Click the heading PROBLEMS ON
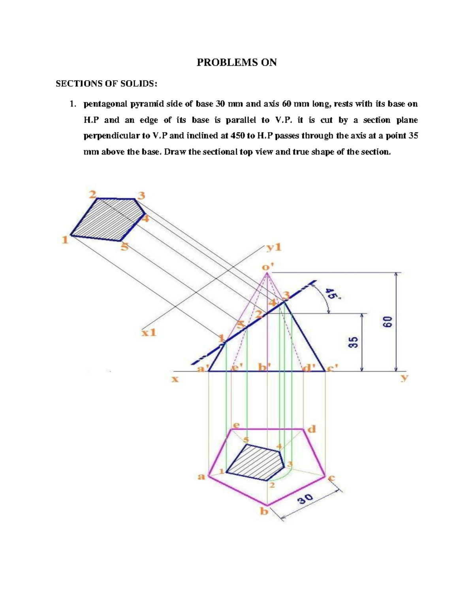[x=237, y=62]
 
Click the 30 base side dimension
[x=306, y=500]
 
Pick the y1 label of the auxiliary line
[x=274, y=247]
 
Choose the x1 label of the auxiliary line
[x=149, y=333]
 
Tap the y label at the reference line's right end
[x=404, y=378]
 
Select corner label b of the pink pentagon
[x=263, y=512]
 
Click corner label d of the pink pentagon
[x=312, y=429]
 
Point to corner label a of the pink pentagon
[x=201, y=476]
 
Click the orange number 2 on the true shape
[x=92, y=194]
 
